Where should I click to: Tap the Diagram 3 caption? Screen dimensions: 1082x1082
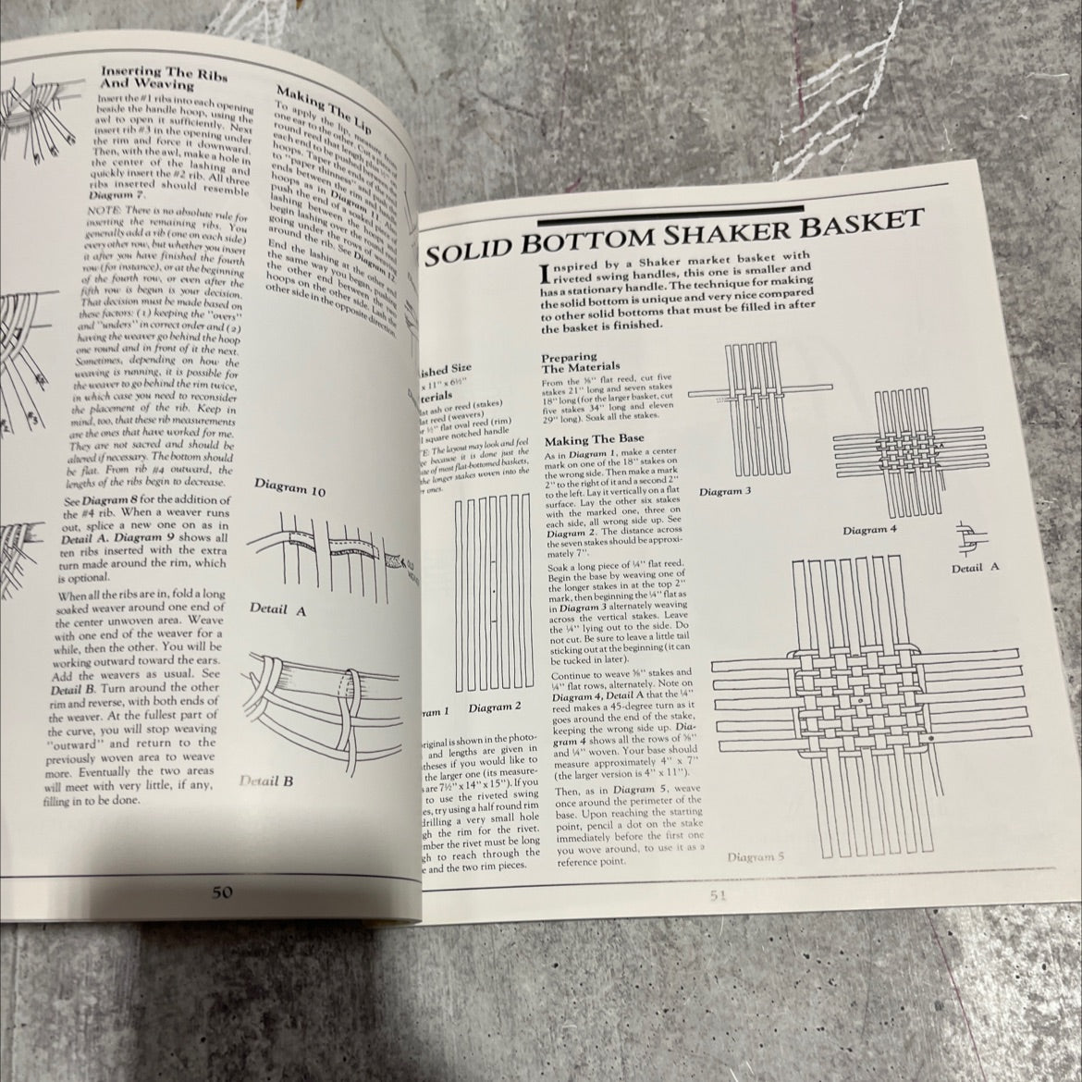[x=725, y=490]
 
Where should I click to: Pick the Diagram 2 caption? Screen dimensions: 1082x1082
[x=495, y=707]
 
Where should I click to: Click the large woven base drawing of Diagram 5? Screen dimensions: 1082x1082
[x=860, y=703]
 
